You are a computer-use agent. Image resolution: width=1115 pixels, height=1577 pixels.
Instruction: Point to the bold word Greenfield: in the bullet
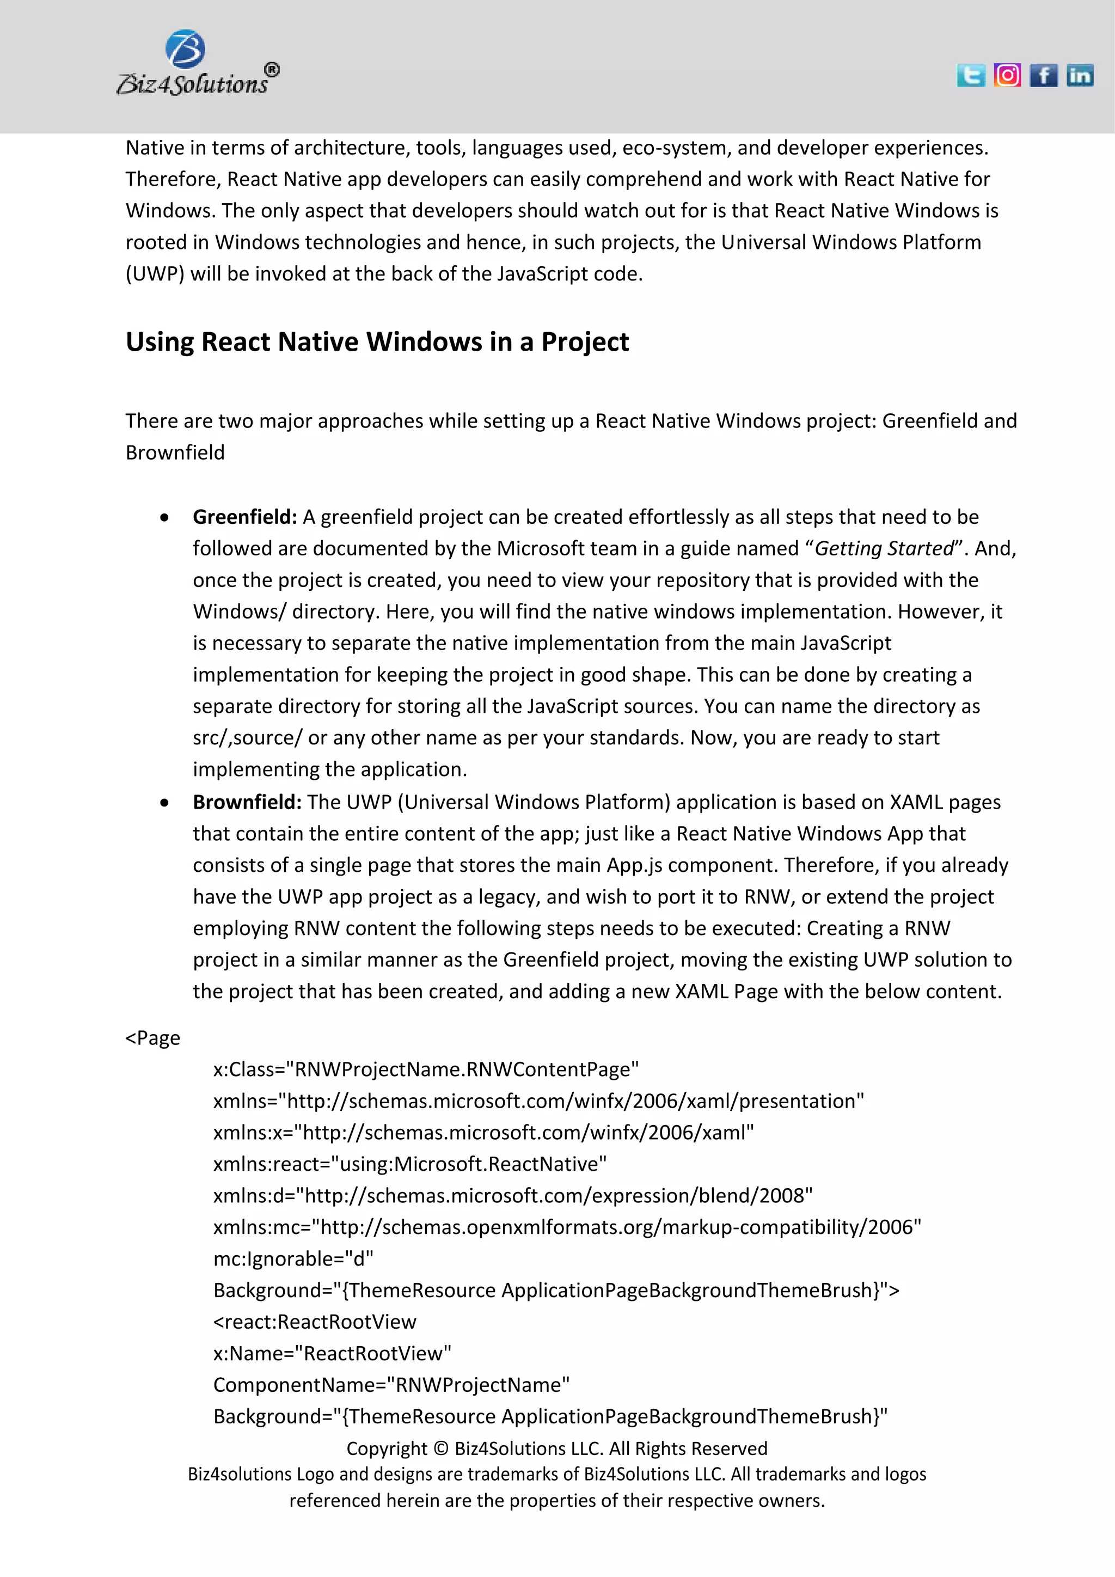pos(244,517)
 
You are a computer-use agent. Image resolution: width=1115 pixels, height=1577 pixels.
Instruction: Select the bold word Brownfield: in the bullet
pos(247,802)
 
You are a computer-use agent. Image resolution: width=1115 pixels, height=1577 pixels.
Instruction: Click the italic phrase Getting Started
pos(884,549)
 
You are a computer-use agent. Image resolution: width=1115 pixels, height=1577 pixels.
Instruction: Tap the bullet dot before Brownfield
pos(164,803)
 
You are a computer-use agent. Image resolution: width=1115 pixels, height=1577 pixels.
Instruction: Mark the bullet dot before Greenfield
pos(164,518)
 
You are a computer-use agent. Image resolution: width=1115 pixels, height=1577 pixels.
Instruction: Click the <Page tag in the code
pos(153,1038)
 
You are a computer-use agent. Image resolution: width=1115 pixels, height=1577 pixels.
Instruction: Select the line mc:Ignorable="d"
pos(293,1259)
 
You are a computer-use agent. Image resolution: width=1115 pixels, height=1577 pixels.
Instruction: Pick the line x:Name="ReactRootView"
pos(332,1354)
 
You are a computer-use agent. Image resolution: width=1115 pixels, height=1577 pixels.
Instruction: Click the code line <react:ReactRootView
pos(315,1322)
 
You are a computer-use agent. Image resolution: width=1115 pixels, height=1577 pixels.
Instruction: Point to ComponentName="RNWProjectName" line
pos(391,1385)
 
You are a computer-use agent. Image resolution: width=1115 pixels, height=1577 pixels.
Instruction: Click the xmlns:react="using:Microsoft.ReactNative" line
pos(410,1164)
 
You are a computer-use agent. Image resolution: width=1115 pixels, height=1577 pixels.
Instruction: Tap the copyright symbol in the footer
pos(441,1449)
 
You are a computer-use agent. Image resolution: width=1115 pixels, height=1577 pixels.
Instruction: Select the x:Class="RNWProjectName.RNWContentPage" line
pos(426,1069)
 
